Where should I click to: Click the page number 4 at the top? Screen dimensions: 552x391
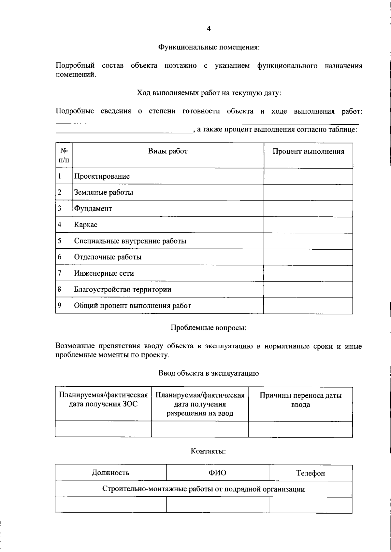(x=209, y=29)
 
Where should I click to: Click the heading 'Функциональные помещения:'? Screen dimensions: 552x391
(x=209, y=47)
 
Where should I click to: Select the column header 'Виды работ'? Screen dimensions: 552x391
(x=168, y=151)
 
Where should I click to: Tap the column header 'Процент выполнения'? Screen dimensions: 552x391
(x=308, y=151)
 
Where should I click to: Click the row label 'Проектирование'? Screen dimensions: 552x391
(x=102, y=176)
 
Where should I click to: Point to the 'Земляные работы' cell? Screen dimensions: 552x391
(x=104, y=192)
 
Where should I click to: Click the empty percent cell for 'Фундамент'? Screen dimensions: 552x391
(x=308, y=209)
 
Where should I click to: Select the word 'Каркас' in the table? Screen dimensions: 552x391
(x=86, y=225)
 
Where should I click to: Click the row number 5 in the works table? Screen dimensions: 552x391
(x=60, y=241)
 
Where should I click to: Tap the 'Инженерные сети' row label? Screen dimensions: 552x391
(x=104, y=273)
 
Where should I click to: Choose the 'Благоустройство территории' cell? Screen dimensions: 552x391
(x=123, y=289)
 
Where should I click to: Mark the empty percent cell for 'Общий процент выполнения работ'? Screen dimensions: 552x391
(x=308, y=306)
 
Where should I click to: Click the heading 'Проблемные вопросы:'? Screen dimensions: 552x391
(x=209, y=328)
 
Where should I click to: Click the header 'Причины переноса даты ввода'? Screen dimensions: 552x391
(x=300, y=400)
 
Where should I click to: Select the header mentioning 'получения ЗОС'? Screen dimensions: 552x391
(x=103, y=400)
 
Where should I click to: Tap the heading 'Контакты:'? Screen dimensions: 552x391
(x=209, y=451)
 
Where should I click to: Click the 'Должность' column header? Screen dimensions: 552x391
(x=110, y=473)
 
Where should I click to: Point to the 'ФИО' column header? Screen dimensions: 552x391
(x=217, y=473)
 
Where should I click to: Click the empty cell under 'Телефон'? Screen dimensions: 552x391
(x=311, y=505)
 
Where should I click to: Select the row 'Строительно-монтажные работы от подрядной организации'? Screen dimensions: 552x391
(x=204, y=489)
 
